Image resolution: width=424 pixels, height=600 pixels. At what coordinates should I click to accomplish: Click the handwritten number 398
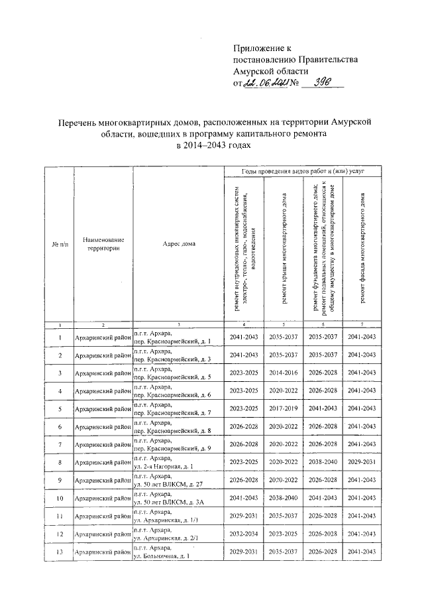pos(319,82)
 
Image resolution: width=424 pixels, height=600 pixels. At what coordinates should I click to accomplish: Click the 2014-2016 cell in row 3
pos(284,373)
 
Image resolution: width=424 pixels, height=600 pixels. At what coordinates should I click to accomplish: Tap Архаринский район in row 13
pos(103,552)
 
